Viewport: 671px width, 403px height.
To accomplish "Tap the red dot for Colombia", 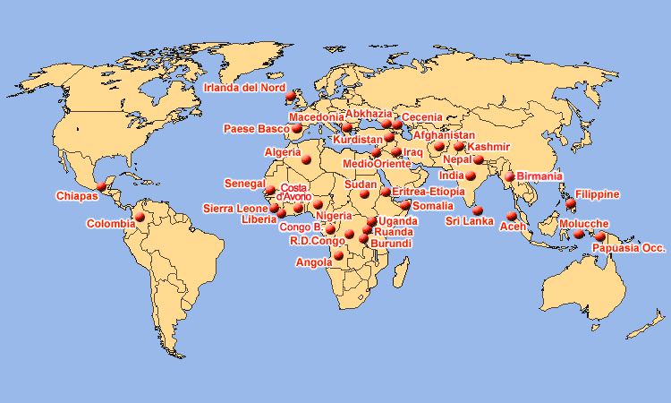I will pyautogui.click(x=139, y=217).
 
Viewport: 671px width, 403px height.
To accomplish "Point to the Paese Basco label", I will pyautogui.click(x=256, y=129).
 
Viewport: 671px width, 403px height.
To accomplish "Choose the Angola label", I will pyautogui.click(x=314, y=263).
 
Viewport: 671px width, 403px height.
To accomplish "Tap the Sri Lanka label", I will pyautogui.click(x=470, y=221).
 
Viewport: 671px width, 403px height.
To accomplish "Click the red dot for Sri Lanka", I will pyautogui.click(x=478, y=210).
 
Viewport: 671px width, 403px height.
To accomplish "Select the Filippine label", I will pyautogui.click(x=598, y=194).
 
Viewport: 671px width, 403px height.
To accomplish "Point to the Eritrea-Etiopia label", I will pyautogui.click(x=428, y=192).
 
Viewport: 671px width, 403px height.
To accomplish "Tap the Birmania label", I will pyautogui.click(x=539, y=176).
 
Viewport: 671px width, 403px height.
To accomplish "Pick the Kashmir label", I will pyautogui.click(x=488, y=147).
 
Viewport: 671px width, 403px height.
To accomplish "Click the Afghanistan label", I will pyautogui.click(x=445, y=135).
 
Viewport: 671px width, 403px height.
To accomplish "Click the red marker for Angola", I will pyautogui.click(x=338, y=256).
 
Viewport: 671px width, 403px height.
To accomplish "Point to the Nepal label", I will pyautogui.click(x=457, y=159).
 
